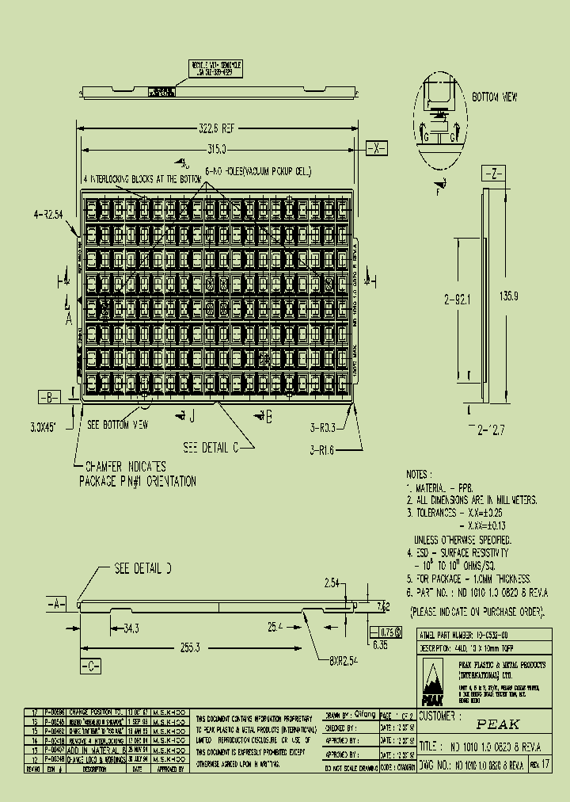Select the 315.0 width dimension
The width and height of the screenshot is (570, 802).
(216, 148)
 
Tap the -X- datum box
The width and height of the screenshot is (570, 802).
(378, 148)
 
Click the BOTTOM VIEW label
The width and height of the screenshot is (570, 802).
(496, 97)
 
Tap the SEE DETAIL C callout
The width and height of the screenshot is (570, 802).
(211, 447)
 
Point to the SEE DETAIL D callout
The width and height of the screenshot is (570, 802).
(142, 569)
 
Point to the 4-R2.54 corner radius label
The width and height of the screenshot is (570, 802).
(49, 214)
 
